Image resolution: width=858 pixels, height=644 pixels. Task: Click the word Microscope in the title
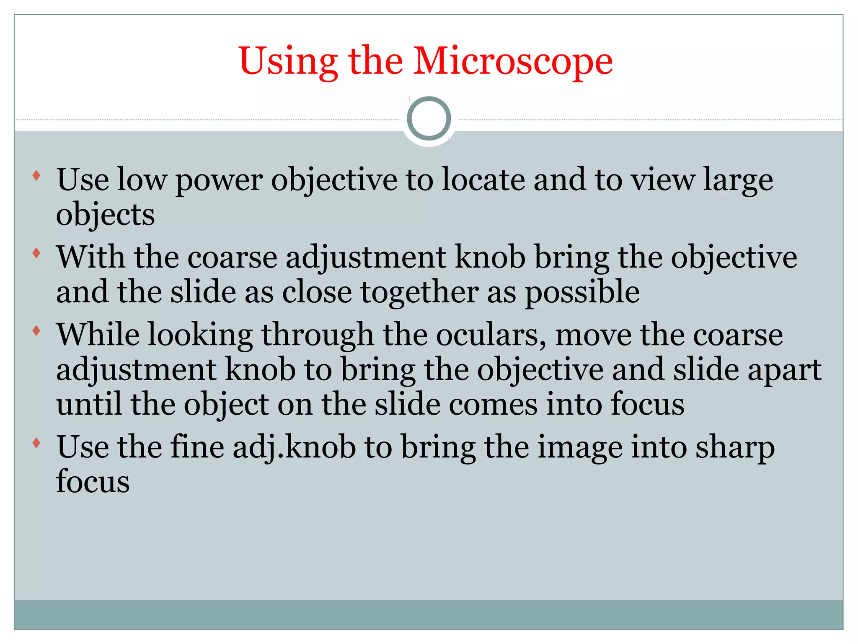pos(513,62)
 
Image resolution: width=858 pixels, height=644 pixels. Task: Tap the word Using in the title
pos(288,62)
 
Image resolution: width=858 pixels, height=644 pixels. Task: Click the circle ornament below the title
pos(429,119)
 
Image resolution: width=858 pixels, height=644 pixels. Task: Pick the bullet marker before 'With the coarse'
pos(36,253)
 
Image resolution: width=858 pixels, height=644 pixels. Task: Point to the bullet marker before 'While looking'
pos(36,330)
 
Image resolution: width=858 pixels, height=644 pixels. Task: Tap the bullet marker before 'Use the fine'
pos(36,443)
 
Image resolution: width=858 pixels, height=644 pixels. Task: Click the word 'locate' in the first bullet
pos(483,179)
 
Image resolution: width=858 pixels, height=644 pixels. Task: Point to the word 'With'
pos(90,257)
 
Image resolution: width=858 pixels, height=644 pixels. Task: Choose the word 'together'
pos(419,293)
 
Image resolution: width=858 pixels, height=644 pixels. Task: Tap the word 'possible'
pos(582,293)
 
